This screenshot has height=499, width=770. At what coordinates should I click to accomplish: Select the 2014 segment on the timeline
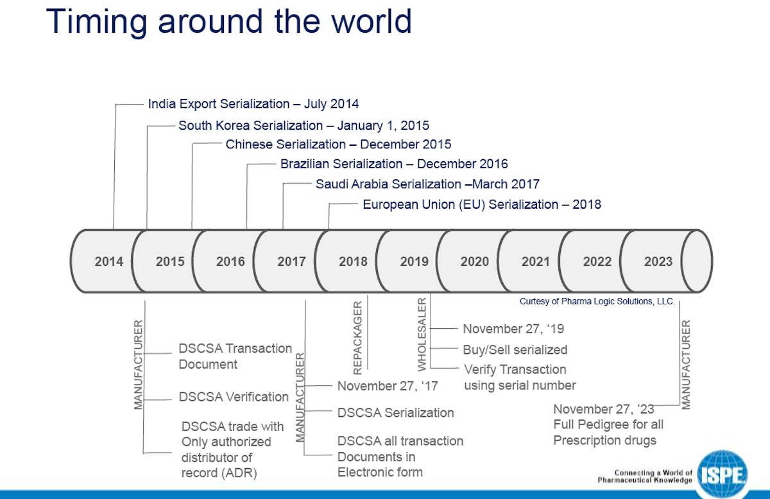[108, 261]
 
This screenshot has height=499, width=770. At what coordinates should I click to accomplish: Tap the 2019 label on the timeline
[414, 261]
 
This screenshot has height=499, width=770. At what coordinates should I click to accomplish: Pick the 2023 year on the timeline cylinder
[658, 261]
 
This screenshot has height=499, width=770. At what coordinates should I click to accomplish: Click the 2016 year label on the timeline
[230, 261]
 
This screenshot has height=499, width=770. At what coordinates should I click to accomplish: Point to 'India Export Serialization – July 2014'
[253, 103]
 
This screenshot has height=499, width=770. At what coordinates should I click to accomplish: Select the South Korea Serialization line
[304, 125]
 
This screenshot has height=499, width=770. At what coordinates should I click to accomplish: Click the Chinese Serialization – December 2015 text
[338, 144]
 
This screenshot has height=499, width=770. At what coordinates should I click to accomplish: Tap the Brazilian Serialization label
[394, 164]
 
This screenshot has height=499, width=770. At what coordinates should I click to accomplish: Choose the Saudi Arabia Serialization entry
[427, 184]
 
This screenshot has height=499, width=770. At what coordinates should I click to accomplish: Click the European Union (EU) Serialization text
[482, 205]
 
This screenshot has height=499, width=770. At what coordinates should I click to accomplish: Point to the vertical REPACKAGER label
[358, 337]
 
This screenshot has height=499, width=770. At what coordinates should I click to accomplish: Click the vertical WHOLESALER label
[422, 334]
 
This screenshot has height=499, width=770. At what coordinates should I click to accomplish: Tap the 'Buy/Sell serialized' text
[515, 350]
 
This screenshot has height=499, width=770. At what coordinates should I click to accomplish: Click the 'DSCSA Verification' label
[234, 397]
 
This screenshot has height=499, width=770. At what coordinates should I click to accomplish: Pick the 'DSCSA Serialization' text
[395, 413]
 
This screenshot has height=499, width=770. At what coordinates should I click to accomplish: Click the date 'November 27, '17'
[388, 386]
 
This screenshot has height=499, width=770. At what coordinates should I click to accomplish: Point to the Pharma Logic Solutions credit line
[597, 301]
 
